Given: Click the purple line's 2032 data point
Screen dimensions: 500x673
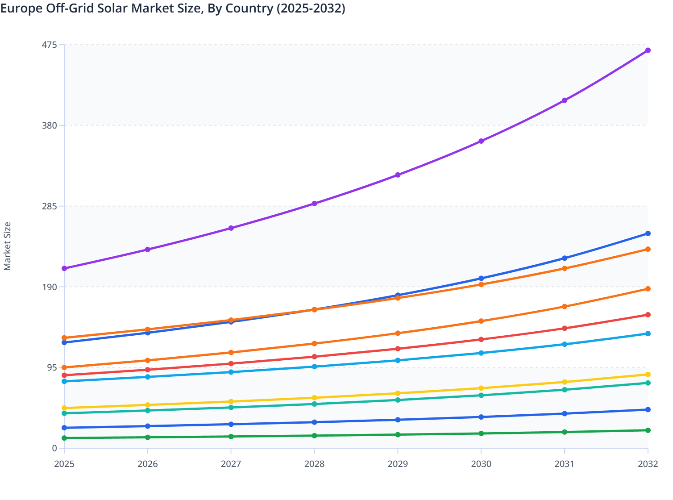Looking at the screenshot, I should (x=648, y=50).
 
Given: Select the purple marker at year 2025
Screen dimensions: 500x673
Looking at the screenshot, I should (x=64, y=268).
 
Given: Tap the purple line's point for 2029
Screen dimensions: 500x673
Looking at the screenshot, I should (x=398, y=175).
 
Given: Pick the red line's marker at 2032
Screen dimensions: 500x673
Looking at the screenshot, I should (x=648, y=315).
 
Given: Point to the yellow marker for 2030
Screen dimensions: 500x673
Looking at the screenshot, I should (x=481, y=388).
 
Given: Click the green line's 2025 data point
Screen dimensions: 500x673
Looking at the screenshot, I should (x=64, y=438).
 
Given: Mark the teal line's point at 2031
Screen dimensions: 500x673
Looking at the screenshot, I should (x=565, y=390).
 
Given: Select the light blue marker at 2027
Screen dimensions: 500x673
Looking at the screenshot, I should (x=231, y=372).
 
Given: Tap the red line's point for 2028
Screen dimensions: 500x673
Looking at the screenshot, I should (x=314, y=357).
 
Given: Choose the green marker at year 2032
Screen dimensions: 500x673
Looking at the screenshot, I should (x=648, y=430).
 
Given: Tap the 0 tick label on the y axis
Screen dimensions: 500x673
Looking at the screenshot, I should (x=54, y=448).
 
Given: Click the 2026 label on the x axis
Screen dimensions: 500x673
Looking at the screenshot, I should (x=148, y=464).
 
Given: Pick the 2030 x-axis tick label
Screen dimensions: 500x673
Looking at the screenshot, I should (x=481, y=464).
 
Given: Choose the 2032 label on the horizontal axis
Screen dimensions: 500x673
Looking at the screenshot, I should (x=648, y=464).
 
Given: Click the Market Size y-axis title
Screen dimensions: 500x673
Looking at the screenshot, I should (x=8, y=246).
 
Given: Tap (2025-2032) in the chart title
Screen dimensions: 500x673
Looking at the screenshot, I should (x=311, y=8).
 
